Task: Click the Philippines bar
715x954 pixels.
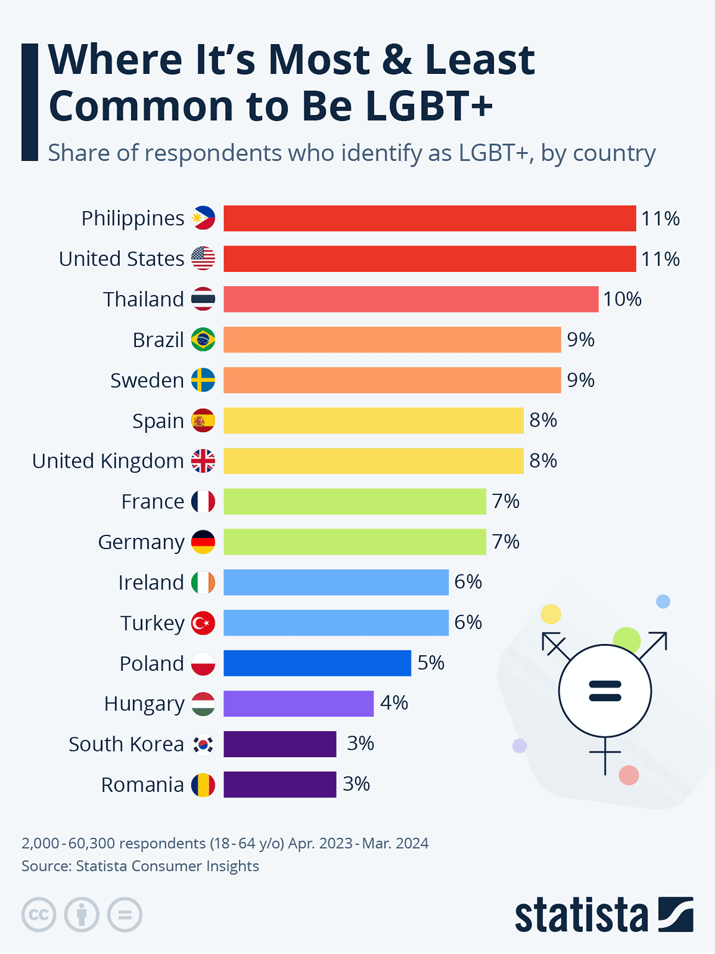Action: tap(429, 218)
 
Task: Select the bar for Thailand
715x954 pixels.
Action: tap(411, 299)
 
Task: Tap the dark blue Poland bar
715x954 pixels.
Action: tap(317, 663)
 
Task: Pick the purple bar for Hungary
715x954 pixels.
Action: tap(299, 703)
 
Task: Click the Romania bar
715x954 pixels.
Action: tap(280, 784)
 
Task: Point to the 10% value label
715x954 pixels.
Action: tap(622, 299)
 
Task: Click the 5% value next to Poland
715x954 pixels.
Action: tap(431, 663)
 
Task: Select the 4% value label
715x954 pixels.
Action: tap(393, 703)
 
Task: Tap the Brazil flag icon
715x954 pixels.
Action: tap(203, 340)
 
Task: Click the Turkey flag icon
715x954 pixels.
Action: tap(203, 622)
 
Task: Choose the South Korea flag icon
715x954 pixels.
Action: tap(203, 743)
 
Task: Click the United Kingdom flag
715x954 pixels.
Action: tap(203, 461)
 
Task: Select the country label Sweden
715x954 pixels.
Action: tap(147, 380)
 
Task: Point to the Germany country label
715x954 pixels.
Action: tap(141, 542)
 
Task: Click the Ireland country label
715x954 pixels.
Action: tap(151, 583)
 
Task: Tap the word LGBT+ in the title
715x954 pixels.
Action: tap(429, 106)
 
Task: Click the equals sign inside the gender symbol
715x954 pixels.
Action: tap(605, 691)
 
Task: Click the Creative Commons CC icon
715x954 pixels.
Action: tap(39, 915)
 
